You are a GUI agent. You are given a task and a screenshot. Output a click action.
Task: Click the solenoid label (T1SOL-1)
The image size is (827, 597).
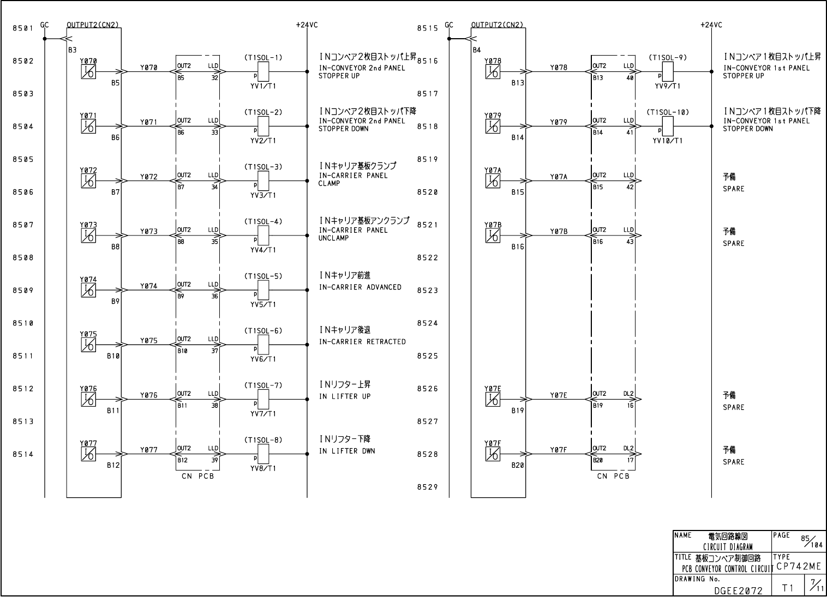(263, 57)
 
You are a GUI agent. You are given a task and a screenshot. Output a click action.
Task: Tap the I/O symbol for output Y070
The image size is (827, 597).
(88, 71)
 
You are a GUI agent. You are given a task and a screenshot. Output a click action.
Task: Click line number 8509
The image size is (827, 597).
(23, 291)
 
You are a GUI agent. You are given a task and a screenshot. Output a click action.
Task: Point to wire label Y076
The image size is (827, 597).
(148, 395)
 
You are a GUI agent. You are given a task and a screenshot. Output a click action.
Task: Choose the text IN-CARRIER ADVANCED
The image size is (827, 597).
(360, 287)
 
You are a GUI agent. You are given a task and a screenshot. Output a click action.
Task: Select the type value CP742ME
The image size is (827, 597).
(799, 566)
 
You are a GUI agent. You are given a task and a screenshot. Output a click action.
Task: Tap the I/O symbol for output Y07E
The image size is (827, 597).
(493, 400)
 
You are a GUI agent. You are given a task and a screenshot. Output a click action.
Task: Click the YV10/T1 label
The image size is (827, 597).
(667, 141)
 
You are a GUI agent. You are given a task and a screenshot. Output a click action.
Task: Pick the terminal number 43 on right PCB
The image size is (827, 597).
(630, 242)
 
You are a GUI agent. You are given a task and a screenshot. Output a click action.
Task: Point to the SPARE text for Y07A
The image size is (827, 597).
(733, 189)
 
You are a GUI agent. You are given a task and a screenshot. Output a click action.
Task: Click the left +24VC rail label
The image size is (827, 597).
(307, 25)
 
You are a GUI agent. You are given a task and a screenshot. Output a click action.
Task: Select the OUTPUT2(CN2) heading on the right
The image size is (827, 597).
(497, 25)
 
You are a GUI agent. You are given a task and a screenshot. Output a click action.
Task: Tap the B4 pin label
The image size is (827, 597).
(477, 50)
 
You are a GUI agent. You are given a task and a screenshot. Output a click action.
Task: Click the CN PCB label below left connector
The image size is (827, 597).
(197, 476)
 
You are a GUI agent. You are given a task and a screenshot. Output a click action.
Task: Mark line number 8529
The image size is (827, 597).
(428, 487)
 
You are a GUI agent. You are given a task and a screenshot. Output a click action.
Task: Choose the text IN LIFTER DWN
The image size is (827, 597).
(347, 451)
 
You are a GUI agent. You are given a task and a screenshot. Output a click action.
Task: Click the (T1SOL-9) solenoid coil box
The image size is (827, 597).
(667, 70)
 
